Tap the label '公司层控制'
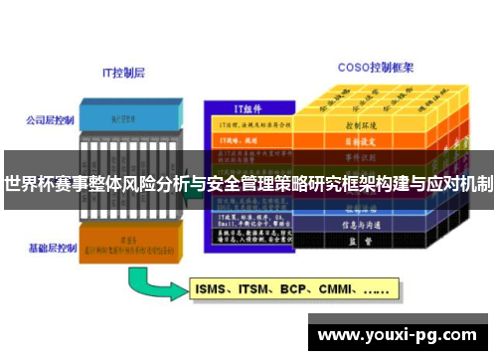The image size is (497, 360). point(51,120)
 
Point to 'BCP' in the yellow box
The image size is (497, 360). point(297,291)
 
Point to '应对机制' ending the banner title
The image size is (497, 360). point(459,183)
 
